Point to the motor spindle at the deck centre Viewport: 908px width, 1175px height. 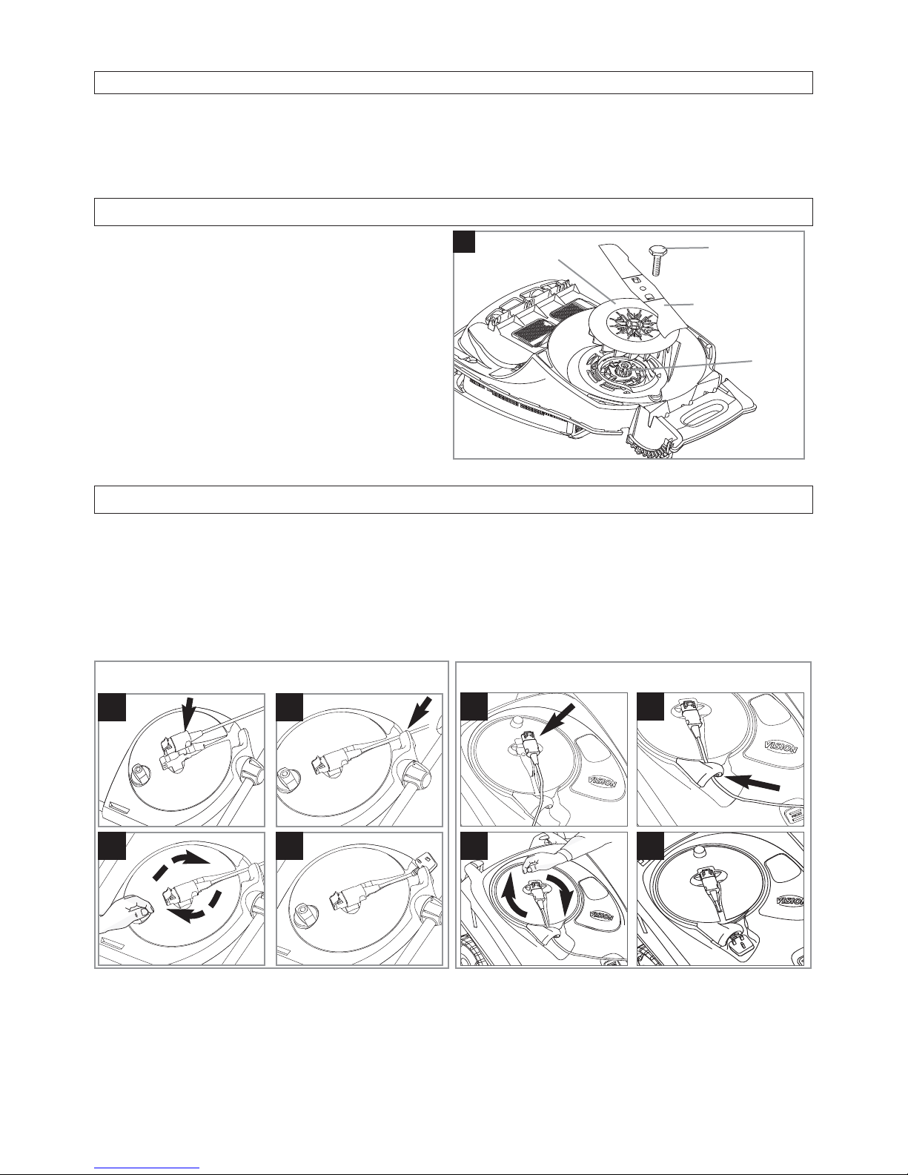623,368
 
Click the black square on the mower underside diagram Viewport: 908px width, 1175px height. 464,242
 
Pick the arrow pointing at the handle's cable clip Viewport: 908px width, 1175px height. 420,712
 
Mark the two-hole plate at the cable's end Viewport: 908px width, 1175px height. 422,856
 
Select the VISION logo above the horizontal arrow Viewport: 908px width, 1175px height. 781,748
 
